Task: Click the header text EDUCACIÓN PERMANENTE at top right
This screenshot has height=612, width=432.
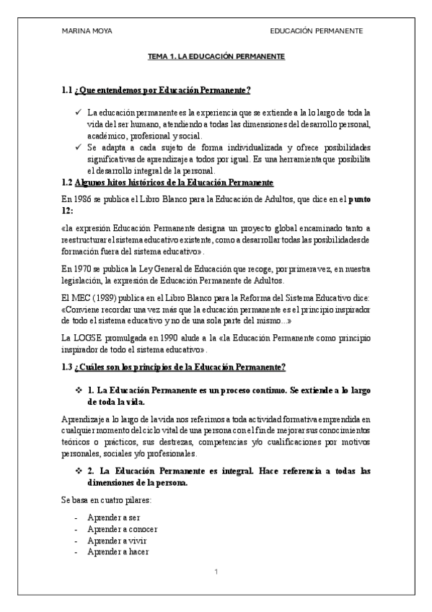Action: coord(316,31)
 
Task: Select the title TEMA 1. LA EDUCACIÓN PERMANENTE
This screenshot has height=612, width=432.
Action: coord(216,56)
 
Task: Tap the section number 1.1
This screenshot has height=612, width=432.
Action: coord(67,90)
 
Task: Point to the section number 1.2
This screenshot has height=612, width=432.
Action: coord(67,183)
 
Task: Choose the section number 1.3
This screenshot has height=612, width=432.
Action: coord(67,367)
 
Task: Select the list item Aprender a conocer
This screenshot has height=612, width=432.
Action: coord(113,529)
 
